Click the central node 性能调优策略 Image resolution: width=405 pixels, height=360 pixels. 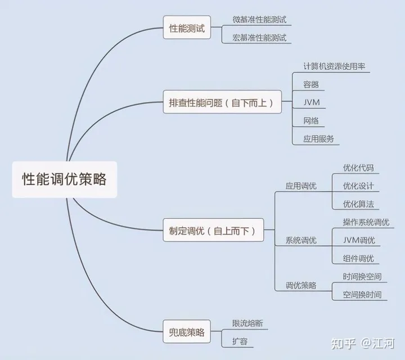point(64,180)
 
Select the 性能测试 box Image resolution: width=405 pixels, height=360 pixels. point(186,28)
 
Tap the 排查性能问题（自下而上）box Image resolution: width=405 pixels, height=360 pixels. point(222,103)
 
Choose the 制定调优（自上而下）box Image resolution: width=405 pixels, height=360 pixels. point(212,231)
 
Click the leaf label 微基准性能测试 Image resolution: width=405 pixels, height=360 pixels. point(259,19)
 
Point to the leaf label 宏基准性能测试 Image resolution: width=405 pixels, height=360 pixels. point(259,38)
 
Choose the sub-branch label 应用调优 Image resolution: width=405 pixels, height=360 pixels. point(301,186)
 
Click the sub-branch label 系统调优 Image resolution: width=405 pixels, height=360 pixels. point(301,240)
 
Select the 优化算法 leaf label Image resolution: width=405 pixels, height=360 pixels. point(358,204)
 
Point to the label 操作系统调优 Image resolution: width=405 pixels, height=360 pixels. point(366,222)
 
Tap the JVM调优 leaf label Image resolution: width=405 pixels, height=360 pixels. point(359,240)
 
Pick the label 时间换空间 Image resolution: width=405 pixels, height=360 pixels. point(362,276)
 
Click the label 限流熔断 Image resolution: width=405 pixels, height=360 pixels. point(247,323)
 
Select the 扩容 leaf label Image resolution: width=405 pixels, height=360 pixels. point(240,341)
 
